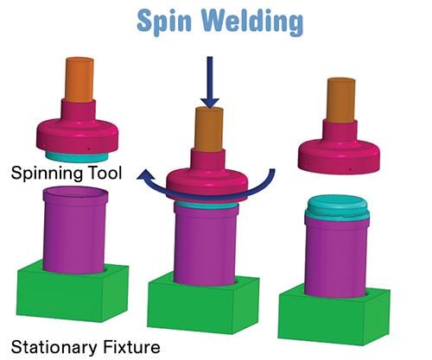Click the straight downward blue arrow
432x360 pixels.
pos(210,82)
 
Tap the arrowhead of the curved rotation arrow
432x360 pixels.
pos(145,175)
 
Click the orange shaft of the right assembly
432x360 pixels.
pos(341,99)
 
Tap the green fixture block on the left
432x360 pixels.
pos(73,291)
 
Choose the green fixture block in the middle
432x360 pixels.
pos(204,305)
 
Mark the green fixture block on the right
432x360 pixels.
pos(334,315)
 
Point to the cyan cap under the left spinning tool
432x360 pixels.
pos(77,157)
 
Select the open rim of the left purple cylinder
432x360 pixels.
pos(76,193)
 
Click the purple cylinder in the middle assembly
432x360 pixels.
pos(206,244)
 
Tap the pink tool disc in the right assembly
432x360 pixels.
pos(339,155)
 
